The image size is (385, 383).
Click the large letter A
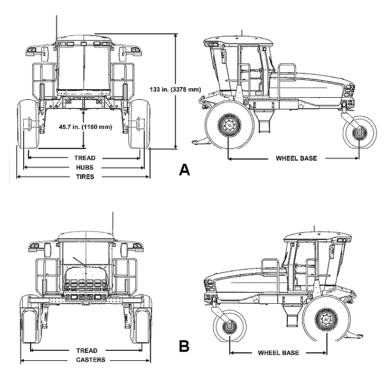tap(184, 170)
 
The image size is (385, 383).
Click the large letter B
tap(184, 347)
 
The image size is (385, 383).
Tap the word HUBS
tap(84, 167)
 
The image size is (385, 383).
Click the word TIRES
tap(84, 177)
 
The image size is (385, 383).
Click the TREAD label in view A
tap(84, 158)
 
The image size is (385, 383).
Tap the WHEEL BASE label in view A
tap(296, 158)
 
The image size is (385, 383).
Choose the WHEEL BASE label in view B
tap(278, 352)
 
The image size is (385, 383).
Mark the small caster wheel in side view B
tap(230, 326)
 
